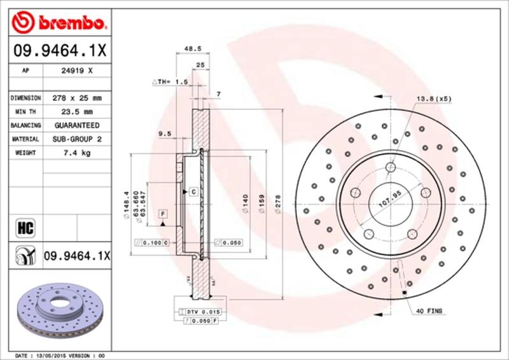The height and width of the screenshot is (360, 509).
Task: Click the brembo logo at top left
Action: pos(57,24)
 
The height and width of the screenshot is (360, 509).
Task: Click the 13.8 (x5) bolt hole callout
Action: pos(434,99)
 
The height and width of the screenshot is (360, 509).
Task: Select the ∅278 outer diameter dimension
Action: pos(277,205)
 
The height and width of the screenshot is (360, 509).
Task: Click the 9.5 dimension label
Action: pos(164,133)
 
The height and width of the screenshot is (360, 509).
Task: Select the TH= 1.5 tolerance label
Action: pos(170,82)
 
